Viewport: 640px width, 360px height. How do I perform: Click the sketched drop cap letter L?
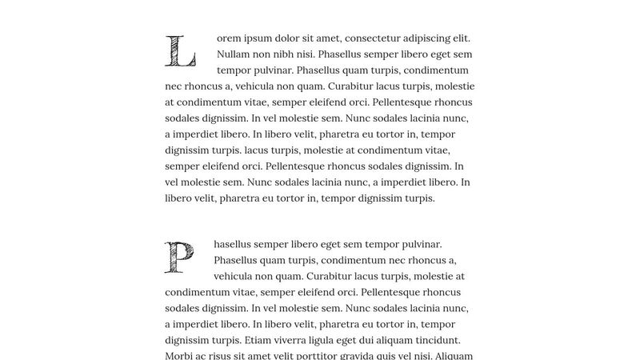tap(179, 50)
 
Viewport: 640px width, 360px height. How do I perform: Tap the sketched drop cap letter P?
tap(179, 257)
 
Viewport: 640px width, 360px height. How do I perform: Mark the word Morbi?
tap(181, 356)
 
